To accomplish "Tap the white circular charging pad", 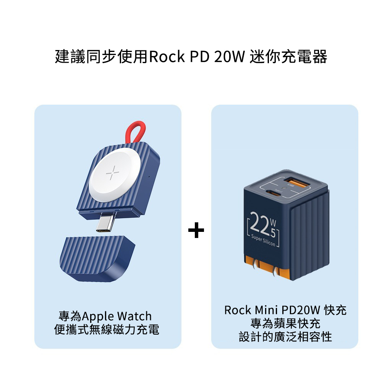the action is coord(115,175).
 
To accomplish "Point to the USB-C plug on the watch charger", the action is coord(107,222).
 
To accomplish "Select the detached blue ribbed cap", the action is coord(97,258).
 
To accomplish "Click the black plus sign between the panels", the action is coord(196,230).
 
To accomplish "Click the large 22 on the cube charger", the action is coord(259,223).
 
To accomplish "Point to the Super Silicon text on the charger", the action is coord(263,240).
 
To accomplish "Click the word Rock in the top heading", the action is coord(167,57).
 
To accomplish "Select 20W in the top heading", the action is coord(229,57).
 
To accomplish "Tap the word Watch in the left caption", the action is coord(134,316).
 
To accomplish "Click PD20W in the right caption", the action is coord(301,310).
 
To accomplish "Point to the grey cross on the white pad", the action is coord(113,173).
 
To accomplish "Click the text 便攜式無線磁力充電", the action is coord(107,330).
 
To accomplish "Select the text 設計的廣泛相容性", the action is coord(285,337).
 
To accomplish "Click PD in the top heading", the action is coord(199,57).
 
